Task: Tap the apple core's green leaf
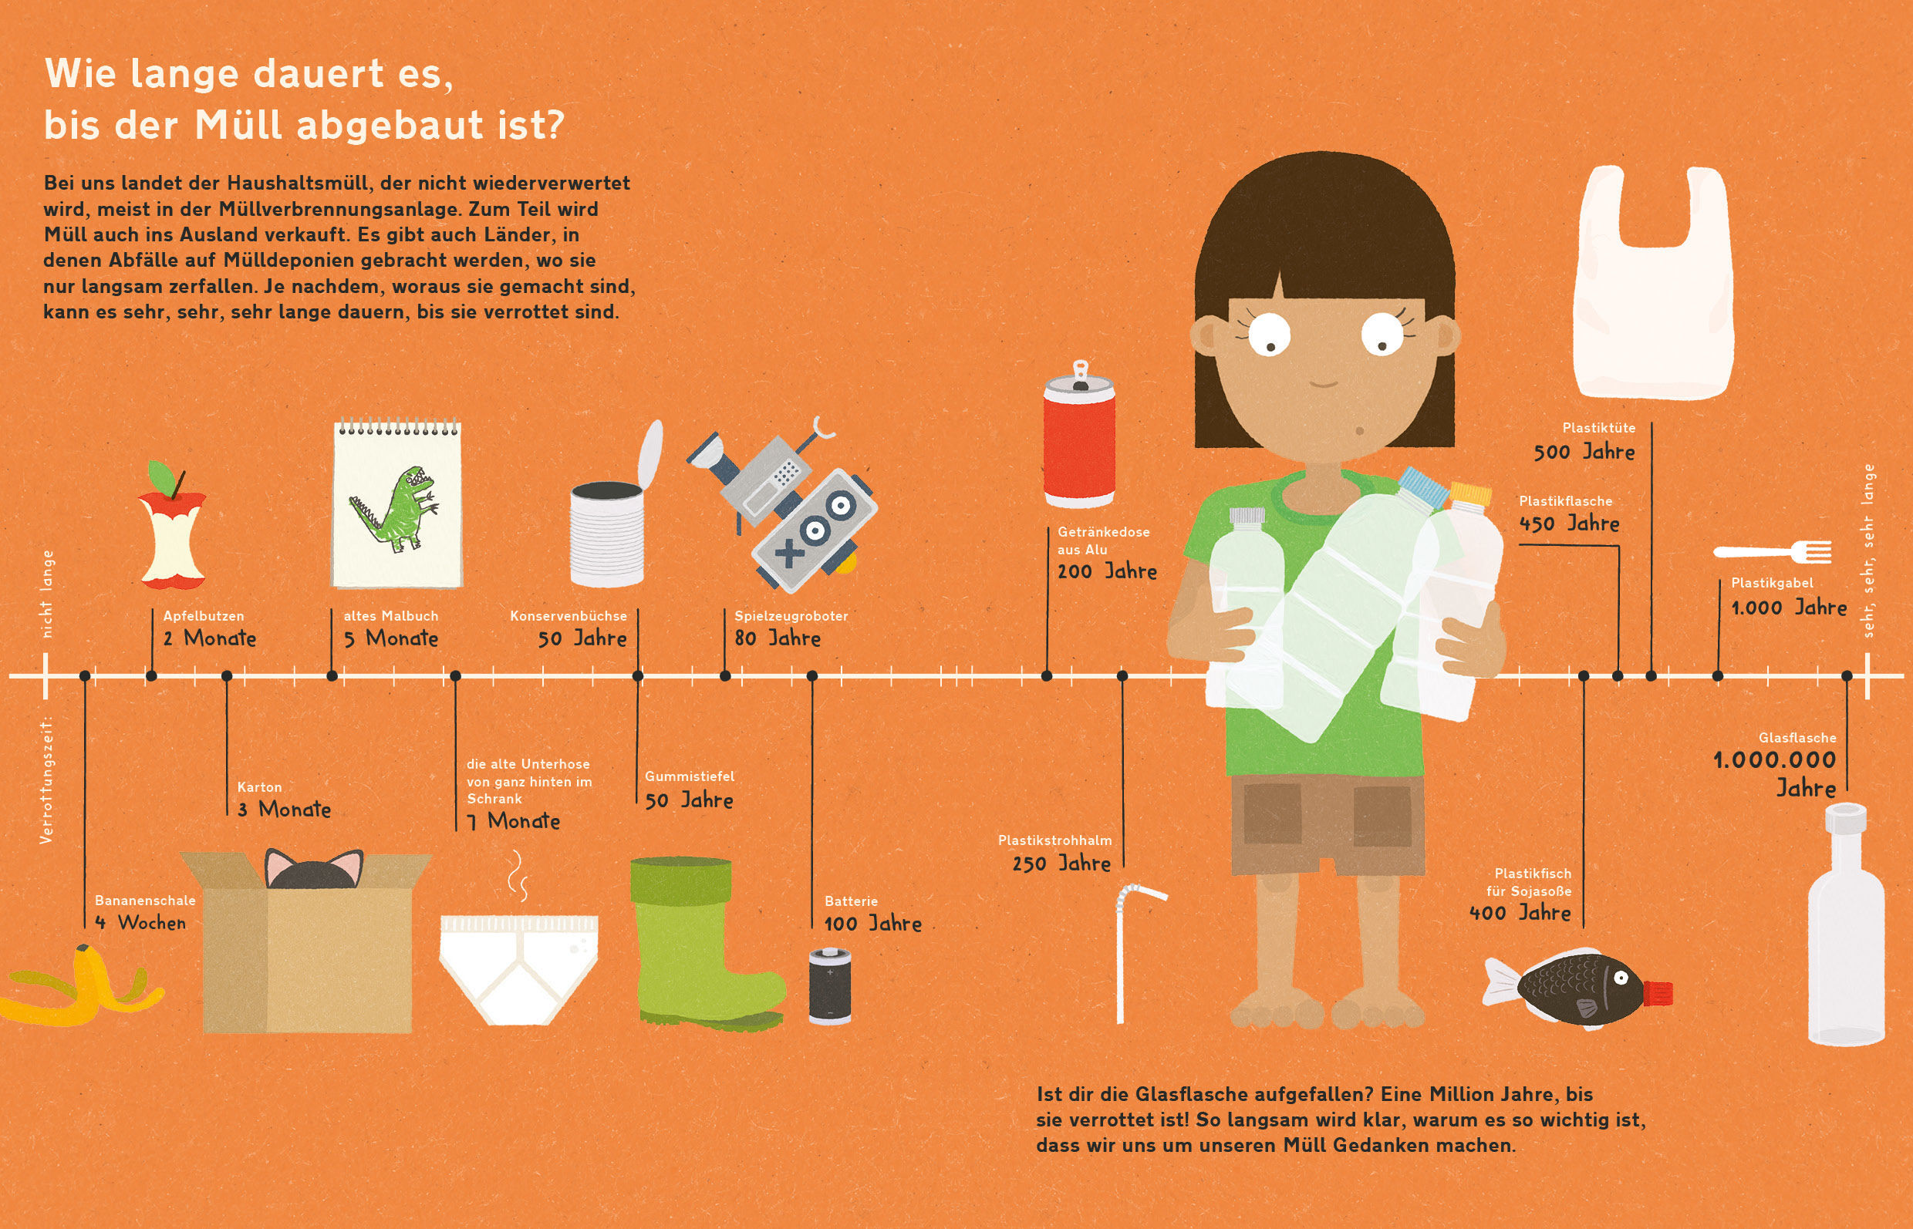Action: (x=163, y=476)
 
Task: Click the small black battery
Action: (x=829, y=985)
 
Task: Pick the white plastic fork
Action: (x=1773, y=551)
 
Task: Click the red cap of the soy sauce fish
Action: (x=1658, y=993)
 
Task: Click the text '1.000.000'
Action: (x=1774, y=760)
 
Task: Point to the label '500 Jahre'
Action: (x=1584, y=453)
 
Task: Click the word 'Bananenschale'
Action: (x=145, y=901)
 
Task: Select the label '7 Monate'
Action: (x=514, y=821)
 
